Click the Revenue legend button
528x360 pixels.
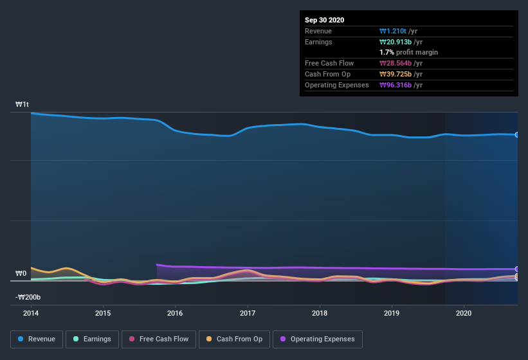tap(37, 339)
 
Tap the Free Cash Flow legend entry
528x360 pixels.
tap(159, 339)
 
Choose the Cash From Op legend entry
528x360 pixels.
tap(234, 339)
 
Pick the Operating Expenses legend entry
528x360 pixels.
tap(317, 339)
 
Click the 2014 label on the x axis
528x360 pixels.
tap(30, 314)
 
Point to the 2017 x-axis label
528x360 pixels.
tap(247, 314)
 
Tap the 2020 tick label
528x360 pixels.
tap(464, 314)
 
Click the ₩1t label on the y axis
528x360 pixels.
tap(23, 104)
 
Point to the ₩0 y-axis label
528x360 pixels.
tap(21, 274)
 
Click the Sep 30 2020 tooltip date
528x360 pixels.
tap(324, 20)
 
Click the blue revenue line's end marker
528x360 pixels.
tap(516, 135)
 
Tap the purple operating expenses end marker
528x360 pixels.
tap(516, 269)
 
